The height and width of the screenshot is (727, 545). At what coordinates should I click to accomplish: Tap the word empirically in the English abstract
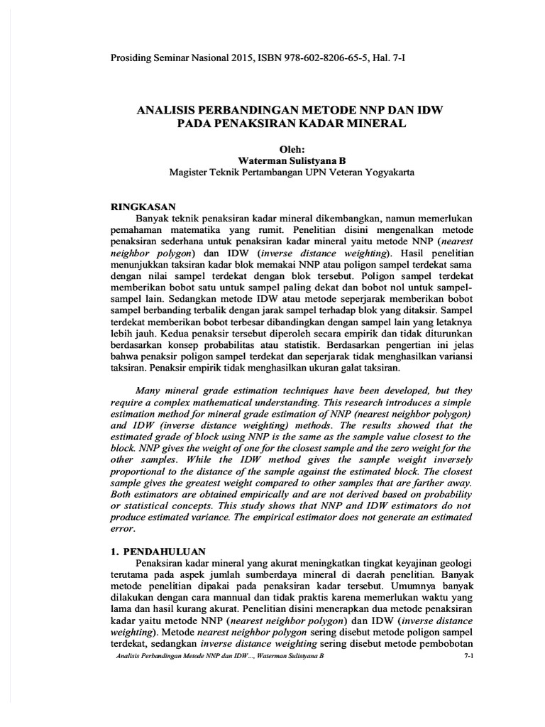(x=248, y=494)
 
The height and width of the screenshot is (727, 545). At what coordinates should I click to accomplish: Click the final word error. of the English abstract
(x=123, y=529)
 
